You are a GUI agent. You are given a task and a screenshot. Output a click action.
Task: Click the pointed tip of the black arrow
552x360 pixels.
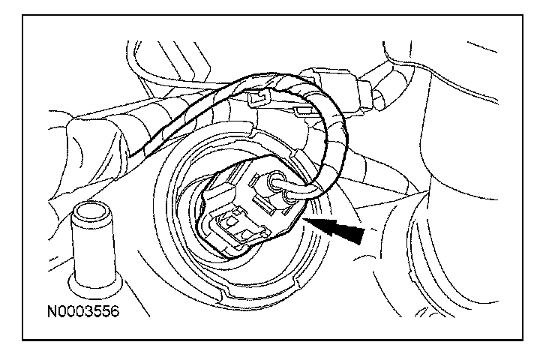pos(304,220)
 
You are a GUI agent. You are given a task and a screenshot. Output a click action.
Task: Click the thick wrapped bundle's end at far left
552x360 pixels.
pos(79,127)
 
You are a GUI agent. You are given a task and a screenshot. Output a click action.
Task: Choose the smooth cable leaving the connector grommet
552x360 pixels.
pos(300,190)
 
